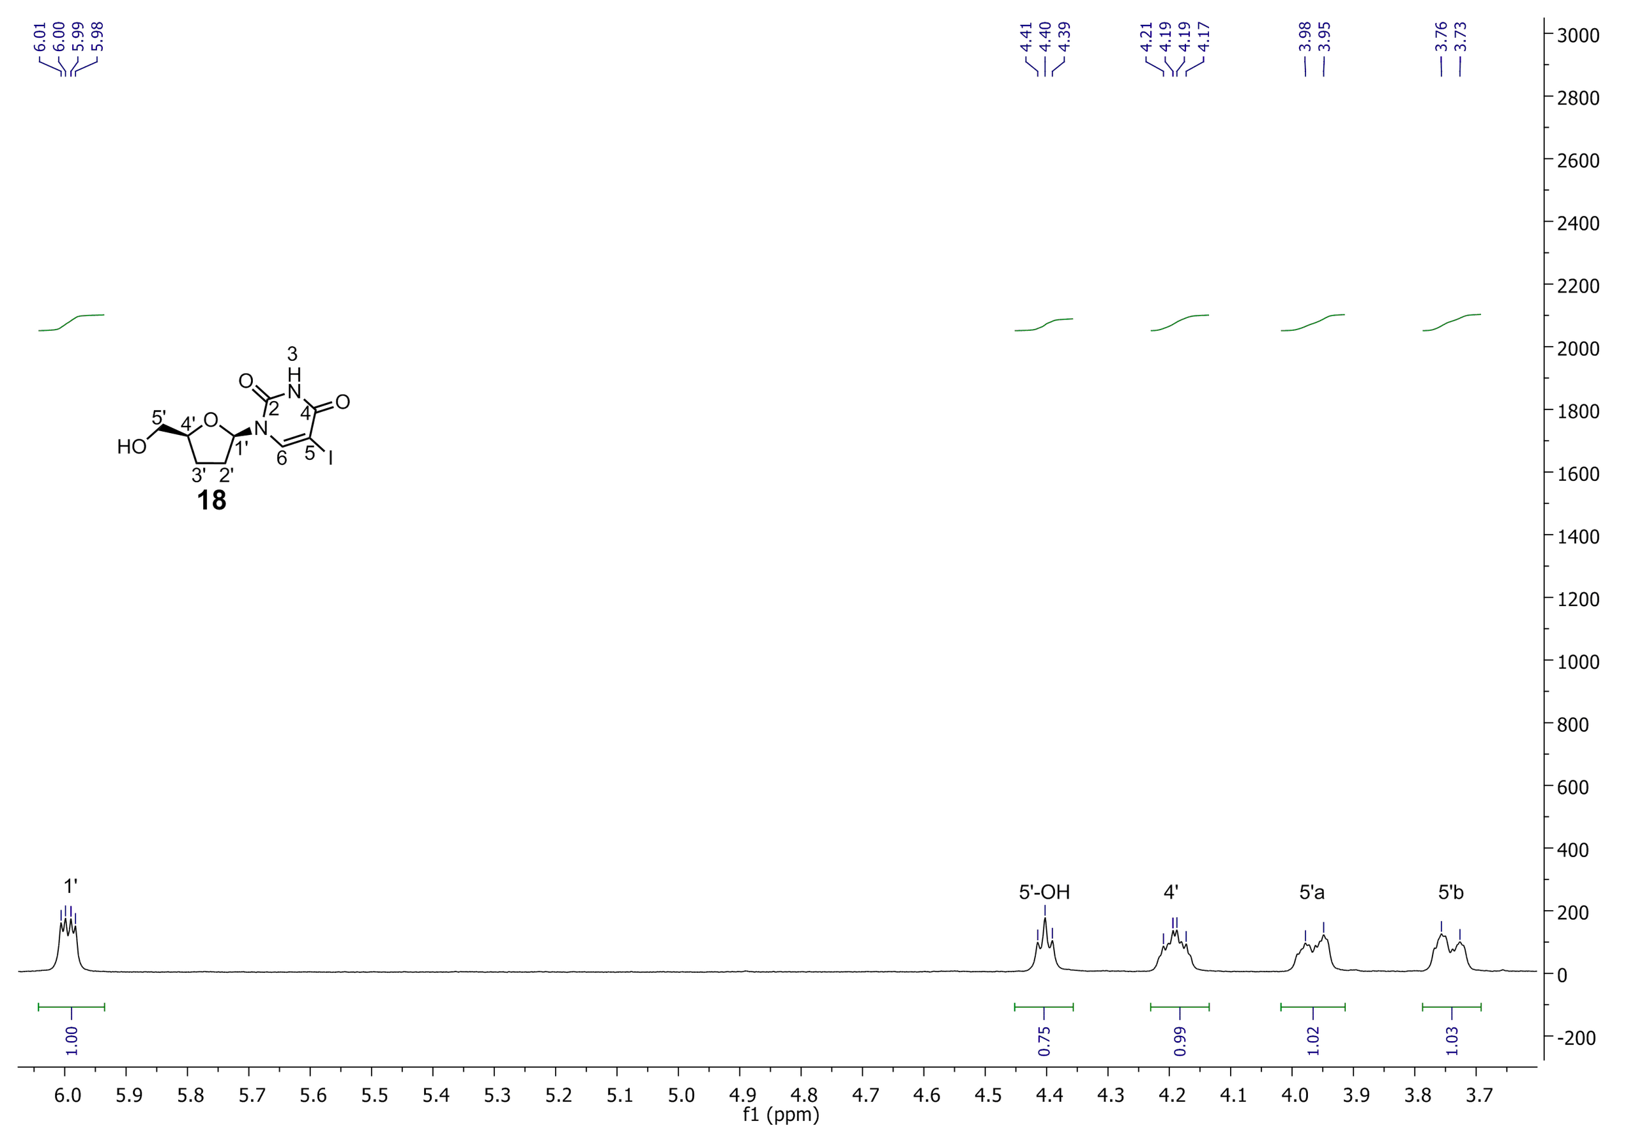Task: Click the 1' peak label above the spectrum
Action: point(70,887)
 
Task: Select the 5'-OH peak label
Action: point(1044,893)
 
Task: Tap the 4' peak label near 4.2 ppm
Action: point(1171,892)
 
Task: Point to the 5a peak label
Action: point(1312,893)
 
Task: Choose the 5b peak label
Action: point(1451,893)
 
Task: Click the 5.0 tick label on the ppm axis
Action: point(680,1094)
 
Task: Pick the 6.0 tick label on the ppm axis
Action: point(68,1094)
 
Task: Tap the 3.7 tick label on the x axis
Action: point(1478,1094)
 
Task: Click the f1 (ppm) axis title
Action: point(781,1116)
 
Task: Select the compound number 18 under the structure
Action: point(212,501)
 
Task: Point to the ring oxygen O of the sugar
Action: point(210,420)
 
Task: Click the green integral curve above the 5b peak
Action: point(1451,322)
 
